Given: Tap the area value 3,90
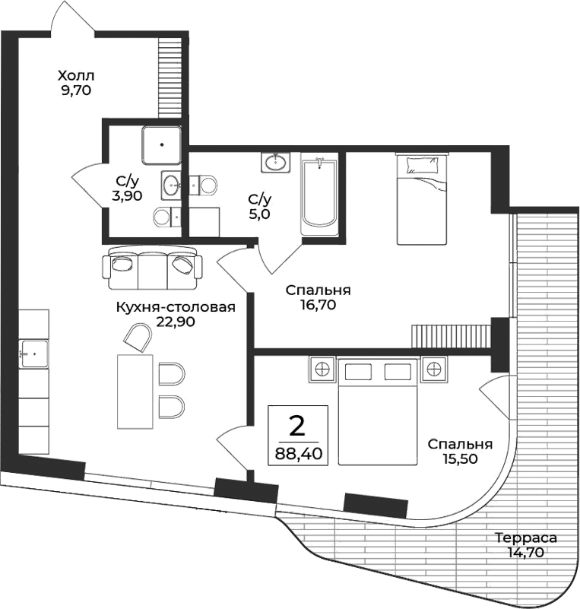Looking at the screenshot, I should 128,195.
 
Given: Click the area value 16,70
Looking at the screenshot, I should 318,305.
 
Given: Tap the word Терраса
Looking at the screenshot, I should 525,538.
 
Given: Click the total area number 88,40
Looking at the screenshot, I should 297,455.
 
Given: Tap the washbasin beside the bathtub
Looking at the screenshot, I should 275,162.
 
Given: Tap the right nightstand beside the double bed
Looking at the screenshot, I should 433,370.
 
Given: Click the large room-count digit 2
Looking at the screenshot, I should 297,425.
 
